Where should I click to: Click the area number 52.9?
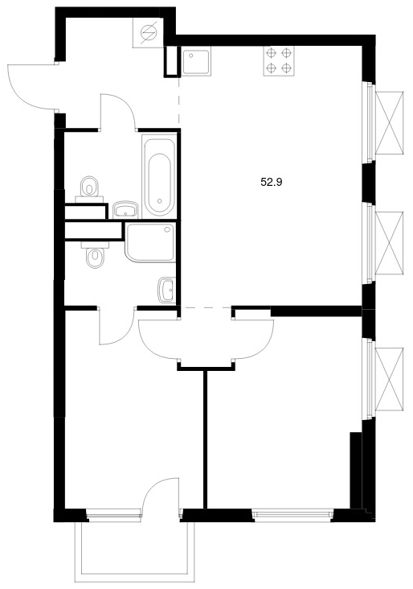pyautogui.click(x=272, y=183)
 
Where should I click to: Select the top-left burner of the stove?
pyautogui.click(x=271, y=53)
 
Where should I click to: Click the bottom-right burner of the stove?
pyautogui.click(x=287, y=68)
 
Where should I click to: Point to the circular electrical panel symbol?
pyautogui.click(x=148, y=33)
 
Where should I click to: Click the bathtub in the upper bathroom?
pyautogui.click(x=159, y=176)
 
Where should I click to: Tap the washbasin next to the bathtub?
pyautogui.click(x=125, y=210)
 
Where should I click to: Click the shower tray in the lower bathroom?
pyautogui.click(x=150, y=243)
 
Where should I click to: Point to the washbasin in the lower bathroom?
pyautogui.click(x=167, y=290)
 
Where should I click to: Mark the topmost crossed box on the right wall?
pyautogui.click(x=390, y=122)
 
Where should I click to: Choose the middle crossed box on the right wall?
pyautogui.click(x=390, y=243)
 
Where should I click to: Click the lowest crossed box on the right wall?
pyautogui.click(x=390, y=379)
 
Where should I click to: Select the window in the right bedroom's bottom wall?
pyautogui.click(x=292, y=514)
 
